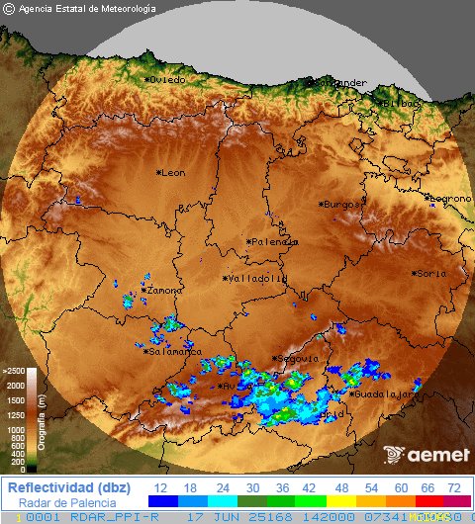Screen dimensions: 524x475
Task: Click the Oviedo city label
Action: pos(167,79)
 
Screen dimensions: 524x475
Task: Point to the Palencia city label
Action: pos(274,241)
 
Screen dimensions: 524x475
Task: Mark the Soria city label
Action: pos(430,273)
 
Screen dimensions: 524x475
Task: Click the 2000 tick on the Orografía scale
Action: pos(15,385)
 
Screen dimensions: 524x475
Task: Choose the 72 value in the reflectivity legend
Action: pos(454,488)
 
